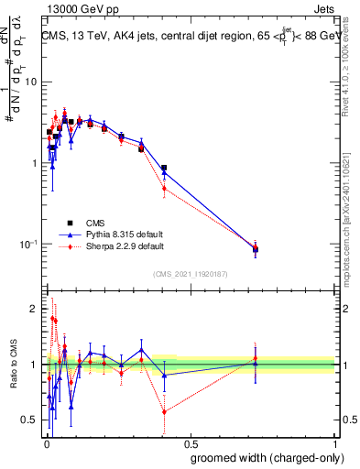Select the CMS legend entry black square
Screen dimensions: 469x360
tap(68, 223)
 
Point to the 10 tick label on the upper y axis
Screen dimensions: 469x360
tap(31, 82)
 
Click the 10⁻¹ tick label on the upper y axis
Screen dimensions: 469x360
tap(29, 245)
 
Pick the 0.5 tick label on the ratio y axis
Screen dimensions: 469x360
tap(30, 420)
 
